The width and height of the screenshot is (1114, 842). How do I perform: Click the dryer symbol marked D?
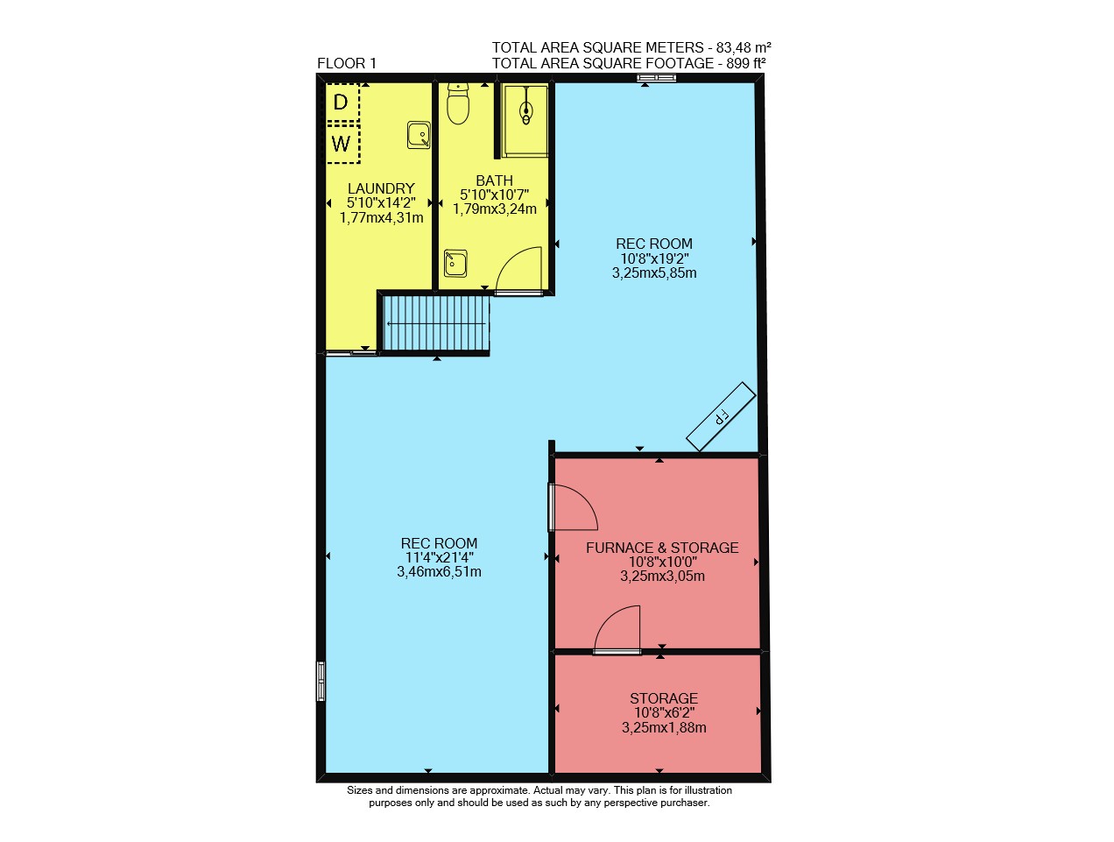pos(342,102)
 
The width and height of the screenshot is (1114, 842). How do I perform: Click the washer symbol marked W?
pos(342,144)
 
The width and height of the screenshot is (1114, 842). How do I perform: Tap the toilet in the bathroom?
pos(458,104)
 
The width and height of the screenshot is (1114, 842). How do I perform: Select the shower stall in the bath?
pos(525,121)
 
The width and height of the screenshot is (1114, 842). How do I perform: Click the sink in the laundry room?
pos(419,135)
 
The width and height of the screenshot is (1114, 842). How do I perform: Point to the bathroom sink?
pos(455,263)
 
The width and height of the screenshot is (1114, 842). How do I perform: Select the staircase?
pos(435,323)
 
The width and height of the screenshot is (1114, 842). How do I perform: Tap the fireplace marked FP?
pos(721,416)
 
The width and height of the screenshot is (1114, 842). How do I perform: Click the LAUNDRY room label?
pos(381,188)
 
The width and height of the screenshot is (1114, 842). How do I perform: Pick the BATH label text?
pos(494,180)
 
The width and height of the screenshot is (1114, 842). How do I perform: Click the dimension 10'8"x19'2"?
pos(655,258)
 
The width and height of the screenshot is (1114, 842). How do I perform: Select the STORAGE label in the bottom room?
pos(664,698)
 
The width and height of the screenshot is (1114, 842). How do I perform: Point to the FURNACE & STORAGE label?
pos(662,548)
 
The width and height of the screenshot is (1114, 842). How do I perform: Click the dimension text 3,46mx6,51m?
pos(439,572)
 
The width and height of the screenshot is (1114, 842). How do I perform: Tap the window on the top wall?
pos(657,78)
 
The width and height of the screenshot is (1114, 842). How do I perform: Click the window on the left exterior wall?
pos(321,681)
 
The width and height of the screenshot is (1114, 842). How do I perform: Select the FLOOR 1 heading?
pos(347,63)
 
